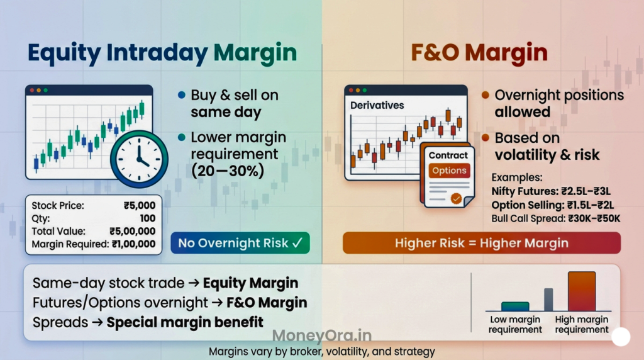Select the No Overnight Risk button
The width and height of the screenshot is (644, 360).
240,243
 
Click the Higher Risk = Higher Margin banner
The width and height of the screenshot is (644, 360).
481,243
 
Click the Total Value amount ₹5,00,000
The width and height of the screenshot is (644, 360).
132,231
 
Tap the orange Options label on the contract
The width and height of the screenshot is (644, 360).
449,171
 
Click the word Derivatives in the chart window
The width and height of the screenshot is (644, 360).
377,105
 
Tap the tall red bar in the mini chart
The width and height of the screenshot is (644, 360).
581,291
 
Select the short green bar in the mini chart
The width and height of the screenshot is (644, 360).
515,307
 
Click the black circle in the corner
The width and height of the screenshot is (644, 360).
621,337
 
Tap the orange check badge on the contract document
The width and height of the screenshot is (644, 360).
456,198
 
